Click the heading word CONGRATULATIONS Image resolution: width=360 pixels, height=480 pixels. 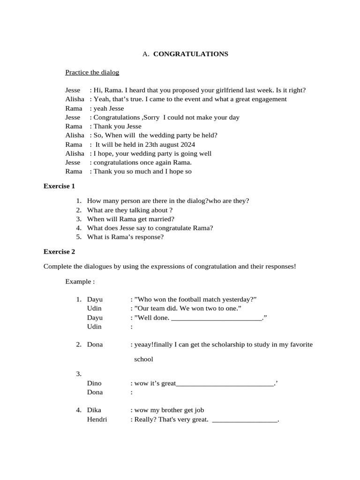190,54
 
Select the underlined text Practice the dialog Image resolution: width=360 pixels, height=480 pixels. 92,72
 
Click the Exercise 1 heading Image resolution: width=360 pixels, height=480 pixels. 59,186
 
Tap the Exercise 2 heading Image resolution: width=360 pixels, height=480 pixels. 59,252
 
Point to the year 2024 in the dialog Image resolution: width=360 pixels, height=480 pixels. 187,144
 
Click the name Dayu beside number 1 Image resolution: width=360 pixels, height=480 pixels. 95,300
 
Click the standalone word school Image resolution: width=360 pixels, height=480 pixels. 144,360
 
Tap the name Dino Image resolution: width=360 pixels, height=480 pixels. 94,383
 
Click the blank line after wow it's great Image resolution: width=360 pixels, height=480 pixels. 225,384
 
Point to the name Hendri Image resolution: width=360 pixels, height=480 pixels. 97,419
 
